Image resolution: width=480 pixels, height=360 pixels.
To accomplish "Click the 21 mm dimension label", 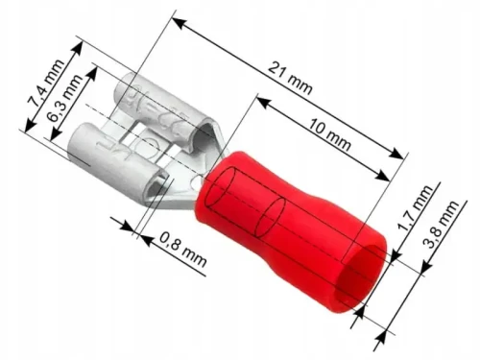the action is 290,78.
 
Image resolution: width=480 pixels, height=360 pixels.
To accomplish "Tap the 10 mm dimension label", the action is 330,135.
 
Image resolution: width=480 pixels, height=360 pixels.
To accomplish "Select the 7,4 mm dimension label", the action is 45,84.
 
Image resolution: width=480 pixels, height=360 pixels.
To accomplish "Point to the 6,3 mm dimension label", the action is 64,98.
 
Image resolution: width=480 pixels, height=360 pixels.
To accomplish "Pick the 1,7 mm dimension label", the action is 415,208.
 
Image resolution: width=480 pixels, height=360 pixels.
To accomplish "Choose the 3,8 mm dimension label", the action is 442,225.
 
